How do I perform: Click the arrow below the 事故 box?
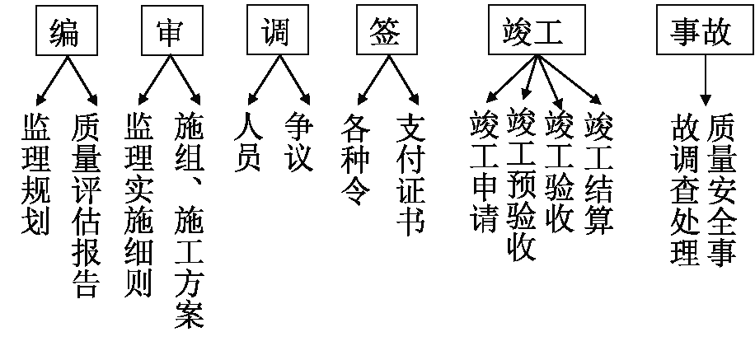click(705, 77)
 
